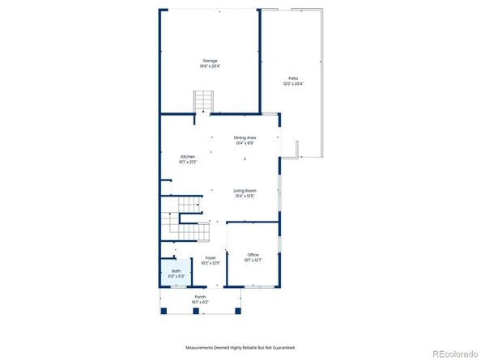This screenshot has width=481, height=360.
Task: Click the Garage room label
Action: [211, 61]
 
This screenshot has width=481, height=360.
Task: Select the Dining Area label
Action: [245, 138]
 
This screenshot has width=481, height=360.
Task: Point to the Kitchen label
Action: [187, 157]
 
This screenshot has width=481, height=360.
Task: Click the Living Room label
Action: [245, 190]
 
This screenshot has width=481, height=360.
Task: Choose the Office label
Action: [253, 255]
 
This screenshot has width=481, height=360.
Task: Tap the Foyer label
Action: [210, 258]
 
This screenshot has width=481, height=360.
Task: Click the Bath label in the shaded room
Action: [176, 271]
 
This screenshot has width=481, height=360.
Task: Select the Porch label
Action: [199, 297]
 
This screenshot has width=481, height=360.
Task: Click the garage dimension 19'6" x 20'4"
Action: [211, 66]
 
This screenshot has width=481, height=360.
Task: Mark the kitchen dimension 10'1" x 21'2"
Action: [187, 162]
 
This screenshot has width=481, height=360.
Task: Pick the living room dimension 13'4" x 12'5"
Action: [245, 196]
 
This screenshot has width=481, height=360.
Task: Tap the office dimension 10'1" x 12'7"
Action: [253, 260]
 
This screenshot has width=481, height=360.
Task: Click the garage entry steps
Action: [203, 102]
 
